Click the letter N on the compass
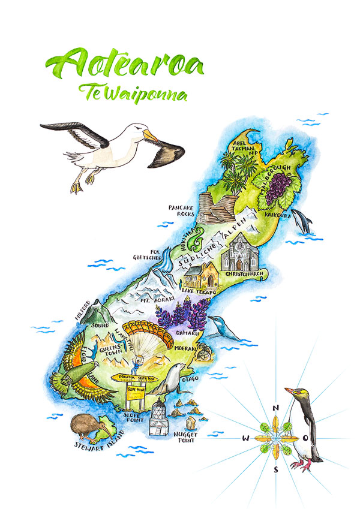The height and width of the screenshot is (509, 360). (x=275, y=408)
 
